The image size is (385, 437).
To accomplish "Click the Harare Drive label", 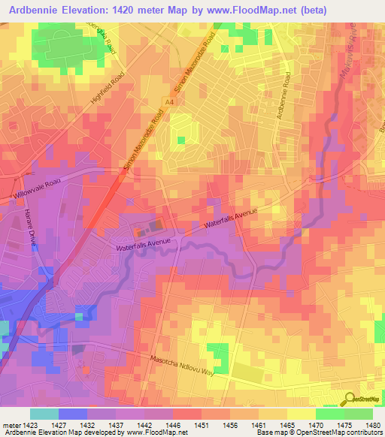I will pos(11,241).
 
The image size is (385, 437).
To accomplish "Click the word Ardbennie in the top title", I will pos(32,10).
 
